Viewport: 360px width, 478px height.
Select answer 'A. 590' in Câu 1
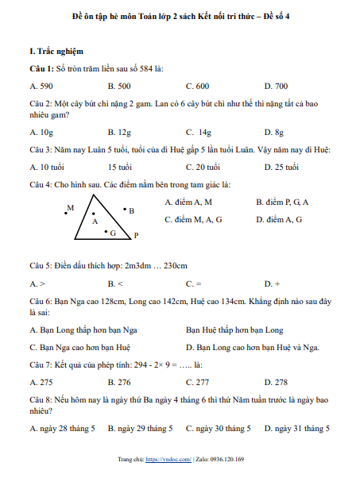pos(41,85)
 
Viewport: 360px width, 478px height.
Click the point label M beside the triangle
pos(71,207)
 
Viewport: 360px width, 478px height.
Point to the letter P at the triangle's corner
pos(136,236)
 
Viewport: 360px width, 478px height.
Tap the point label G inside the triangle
pos(113,233)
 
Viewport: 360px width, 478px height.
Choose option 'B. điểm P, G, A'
pos(282,202)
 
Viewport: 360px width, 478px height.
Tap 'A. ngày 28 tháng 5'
pos(62,429)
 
